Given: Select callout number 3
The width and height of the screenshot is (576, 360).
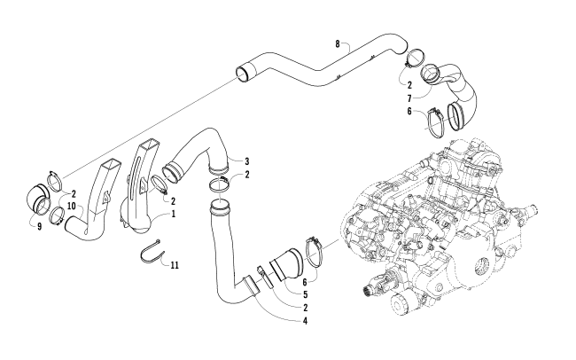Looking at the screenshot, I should [246, 160].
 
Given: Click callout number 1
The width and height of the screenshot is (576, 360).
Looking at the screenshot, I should [174, 214].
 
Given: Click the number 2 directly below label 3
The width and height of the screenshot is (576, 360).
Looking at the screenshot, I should [246, 175].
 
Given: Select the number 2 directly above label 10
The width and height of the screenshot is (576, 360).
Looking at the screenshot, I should [73, 193].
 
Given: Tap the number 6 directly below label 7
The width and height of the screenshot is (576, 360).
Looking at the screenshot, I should [409, 112].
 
